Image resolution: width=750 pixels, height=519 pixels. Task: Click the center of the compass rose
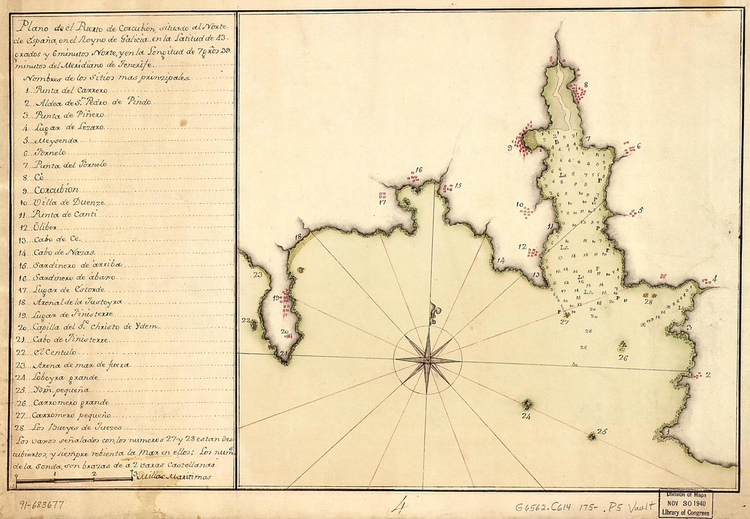[427, 358]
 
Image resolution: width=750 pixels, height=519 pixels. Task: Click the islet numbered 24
[526, 405]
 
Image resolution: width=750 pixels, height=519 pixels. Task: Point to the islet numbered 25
[592, 435]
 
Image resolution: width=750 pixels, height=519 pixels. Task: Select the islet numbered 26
[622, 346]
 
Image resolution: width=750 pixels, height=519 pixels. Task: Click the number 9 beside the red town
[510, 146]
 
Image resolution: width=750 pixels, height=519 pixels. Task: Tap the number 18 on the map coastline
[298, 237]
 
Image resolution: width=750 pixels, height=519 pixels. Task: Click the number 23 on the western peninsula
[258, 275]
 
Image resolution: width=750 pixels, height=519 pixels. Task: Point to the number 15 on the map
[458, 185]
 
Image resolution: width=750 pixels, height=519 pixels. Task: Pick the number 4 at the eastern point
[714, 279]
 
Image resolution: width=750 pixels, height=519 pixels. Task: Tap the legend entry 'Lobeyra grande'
[65, 377]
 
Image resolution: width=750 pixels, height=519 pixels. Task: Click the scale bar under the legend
[75, 479]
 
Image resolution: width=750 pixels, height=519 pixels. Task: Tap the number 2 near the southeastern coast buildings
[708, 375]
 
